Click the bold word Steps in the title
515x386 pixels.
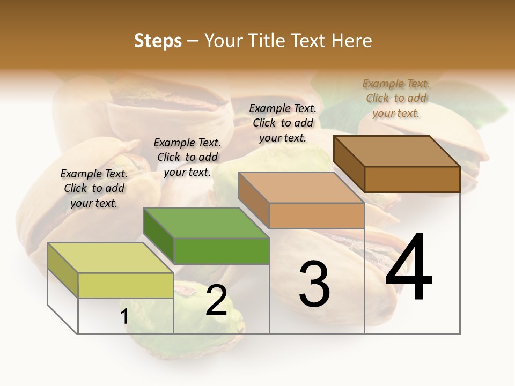point(158,41)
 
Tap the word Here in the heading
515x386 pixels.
point(351,41)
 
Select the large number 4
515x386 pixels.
point(409,268)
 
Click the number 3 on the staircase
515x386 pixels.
point(314,284)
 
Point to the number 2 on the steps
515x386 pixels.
point(216,300)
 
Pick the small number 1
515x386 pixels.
point(124,317)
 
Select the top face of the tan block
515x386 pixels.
point(300,188)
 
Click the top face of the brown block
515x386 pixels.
point(396,151)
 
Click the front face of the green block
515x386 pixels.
point(222,251)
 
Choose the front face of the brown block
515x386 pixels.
point(412,179)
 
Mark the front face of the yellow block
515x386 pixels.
point(126,285)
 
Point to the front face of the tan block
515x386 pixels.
point(317,216)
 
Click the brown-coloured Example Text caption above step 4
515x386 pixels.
point(396,98)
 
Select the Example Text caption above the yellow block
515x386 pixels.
point(94,188)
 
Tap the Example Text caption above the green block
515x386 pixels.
point(187,157)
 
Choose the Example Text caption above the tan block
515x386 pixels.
point(283,123)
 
